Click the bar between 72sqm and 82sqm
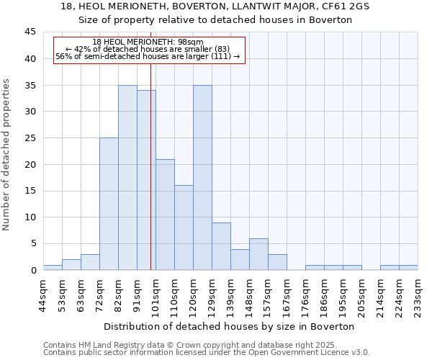pos(109,204)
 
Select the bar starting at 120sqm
pos(202,177)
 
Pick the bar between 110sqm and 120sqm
pos(184,228)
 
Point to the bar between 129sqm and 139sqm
pos(221,246)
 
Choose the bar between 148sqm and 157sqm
pos(258,254)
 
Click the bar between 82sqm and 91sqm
pos(127,177)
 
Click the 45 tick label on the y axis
pos(30,32)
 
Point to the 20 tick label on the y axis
pos(30,164)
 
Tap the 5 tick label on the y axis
pos(32,244)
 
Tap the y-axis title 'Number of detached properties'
pos(6,155)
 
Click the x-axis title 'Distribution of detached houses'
pos(230,326)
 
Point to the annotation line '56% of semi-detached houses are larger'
pos(148,56)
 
